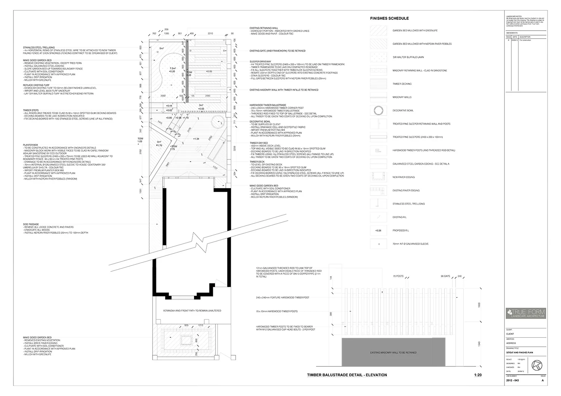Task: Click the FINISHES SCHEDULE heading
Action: tap(389, 18)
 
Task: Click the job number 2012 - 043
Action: tap(512, 381)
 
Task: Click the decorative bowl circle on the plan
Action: tap(218, 122)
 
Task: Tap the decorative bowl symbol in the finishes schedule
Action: tap(378, 110)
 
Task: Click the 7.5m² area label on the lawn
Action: tap(172, 68)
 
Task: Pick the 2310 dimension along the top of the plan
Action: tap(210, 34)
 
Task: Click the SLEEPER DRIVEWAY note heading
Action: tap(260, 61)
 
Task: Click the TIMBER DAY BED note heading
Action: tap(259, 143)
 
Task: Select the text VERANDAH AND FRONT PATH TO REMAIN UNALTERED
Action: tap(192, 311)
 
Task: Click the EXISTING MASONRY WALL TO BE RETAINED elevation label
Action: tap(393, 353)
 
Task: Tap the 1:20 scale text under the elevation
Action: tap(478, 375)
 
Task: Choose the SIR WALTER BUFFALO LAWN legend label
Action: tap(408, 57)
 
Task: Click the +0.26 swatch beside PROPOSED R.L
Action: tap(378, 230)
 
